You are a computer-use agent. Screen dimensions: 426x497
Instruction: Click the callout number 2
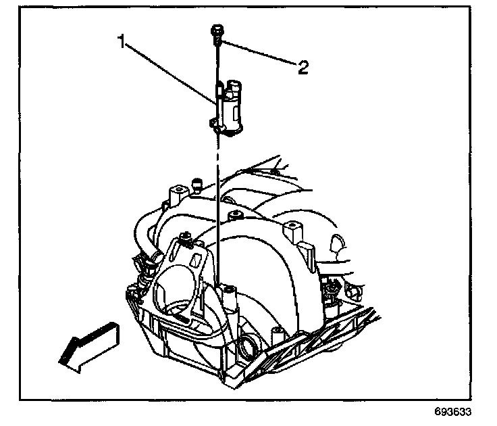[303, 66]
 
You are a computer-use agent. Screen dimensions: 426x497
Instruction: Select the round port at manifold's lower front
[246, 349]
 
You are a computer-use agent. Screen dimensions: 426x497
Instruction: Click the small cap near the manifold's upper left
[197, 183]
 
